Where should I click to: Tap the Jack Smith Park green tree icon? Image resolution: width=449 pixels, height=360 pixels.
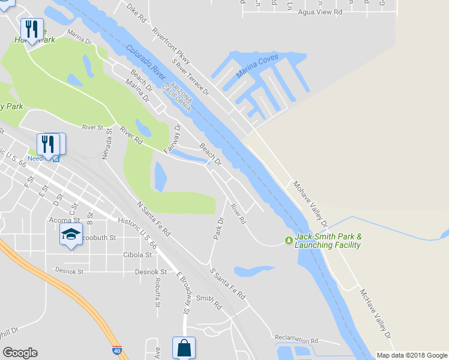(289, 241)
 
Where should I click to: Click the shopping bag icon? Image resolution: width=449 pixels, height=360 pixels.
(184, 349)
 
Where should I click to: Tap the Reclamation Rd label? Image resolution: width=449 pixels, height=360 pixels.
(295, 339)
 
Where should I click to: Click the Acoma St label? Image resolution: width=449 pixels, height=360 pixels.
(65, 220)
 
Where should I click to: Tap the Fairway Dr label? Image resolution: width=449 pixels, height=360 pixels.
(171, 138)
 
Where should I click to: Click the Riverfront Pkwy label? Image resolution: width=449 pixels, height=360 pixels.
(171, 45)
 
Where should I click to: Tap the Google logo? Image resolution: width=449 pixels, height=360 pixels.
(20, 353)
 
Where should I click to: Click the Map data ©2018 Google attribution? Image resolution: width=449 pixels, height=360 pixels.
(412, 355)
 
